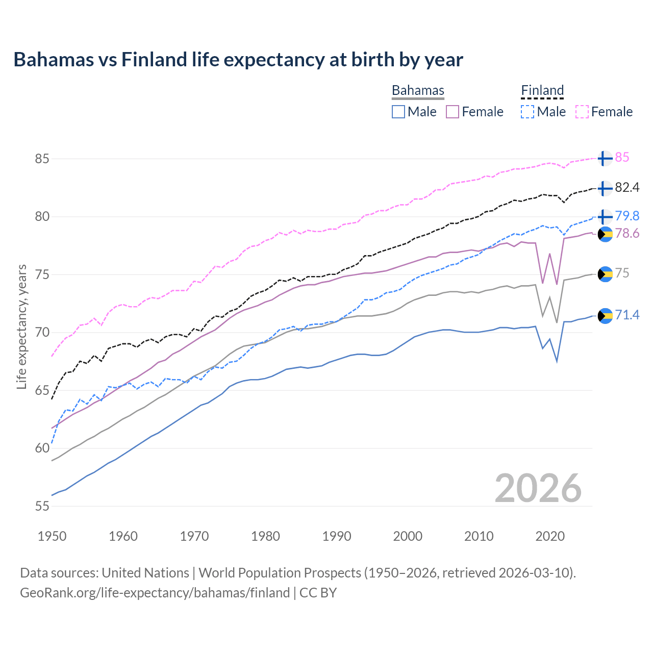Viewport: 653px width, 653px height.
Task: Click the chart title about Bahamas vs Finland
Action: click(x=238, y=60)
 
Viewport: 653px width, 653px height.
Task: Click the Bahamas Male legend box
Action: click(x=398, y=112)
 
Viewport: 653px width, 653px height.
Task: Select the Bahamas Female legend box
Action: click(x=453, y=112)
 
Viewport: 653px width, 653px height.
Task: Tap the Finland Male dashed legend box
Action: click(x=528, y=112)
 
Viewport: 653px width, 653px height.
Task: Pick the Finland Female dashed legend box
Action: click(x=582, y=112)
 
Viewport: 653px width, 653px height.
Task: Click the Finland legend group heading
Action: click(x=542, y=91)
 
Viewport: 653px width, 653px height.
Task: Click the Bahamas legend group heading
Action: click(x=418, y=91)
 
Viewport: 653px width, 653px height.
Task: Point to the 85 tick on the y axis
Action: click(x=42, y=159)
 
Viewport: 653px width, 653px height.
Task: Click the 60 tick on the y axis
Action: click(x=42, y=448)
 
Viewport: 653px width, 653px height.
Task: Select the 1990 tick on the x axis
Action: click(x=337, y=536)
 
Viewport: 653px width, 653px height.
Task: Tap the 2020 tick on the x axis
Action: click(x=550, y=536)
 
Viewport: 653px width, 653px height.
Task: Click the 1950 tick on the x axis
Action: click(x=53, y=536)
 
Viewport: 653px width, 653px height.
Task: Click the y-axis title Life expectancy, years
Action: click(x=21, y=326)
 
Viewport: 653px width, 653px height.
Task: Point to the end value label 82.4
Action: click(x=627, y=188)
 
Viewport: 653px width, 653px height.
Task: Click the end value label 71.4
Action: click(x=627, y=315)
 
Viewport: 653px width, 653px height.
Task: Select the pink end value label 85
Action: click(x=622, y=158)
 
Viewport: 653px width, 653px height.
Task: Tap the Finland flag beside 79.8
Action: click(x=605, y=217)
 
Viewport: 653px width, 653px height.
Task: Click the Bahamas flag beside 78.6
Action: click(x=605, y=234)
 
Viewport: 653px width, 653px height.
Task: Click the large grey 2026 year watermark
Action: click(x=538, y=488)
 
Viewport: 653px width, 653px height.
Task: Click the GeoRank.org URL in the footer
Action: click(x=155, y=593)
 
